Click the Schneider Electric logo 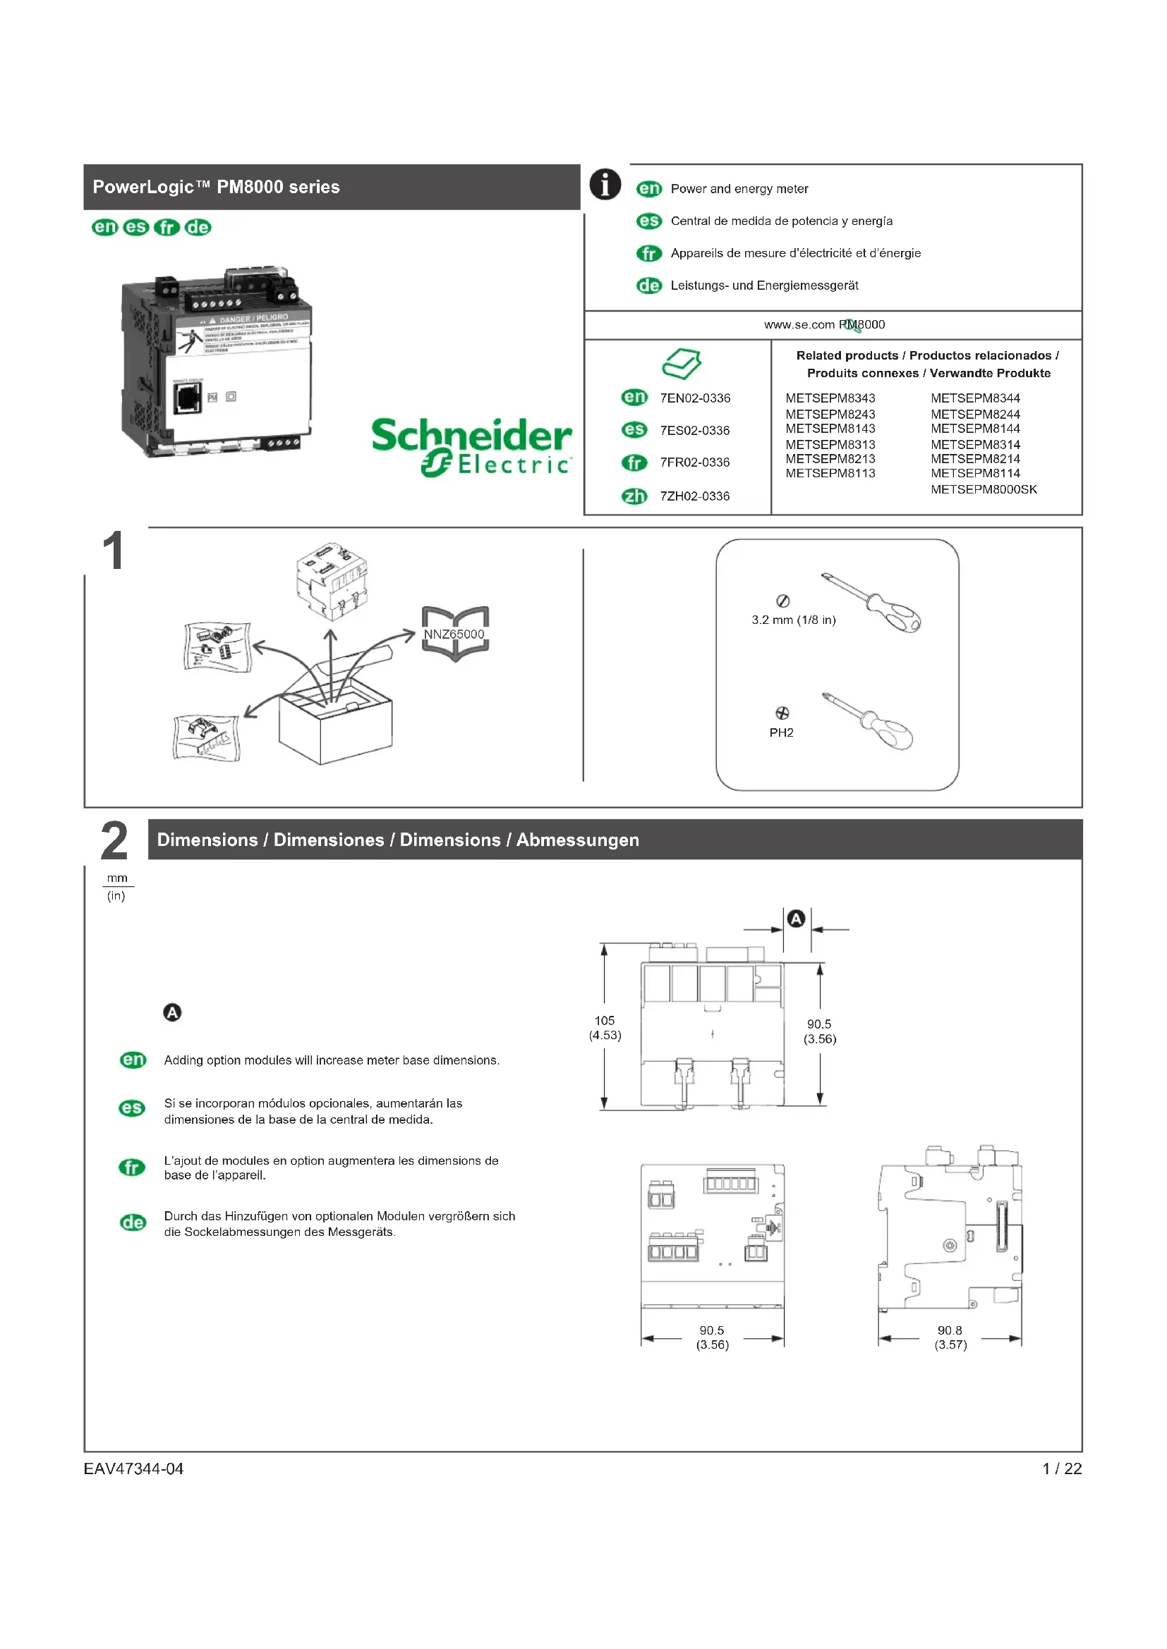[471, 446]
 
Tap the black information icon [605, 185]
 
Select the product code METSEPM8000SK [983, 490]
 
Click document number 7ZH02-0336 [694, 496]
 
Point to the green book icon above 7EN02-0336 [682, 364]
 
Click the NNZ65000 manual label [454, 635]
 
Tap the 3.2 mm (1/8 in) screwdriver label [793, 620]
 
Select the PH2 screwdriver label [781, 732]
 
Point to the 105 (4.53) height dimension [605, 1028]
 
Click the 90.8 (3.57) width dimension [950, 1337]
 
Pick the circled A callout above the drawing [796, 919]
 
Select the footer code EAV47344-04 [133, 1469]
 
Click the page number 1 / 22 [1061, 1469]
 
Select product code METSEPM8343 [830, 398]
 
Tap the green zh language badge [634, 496]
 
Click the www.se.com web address [799, 324]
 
